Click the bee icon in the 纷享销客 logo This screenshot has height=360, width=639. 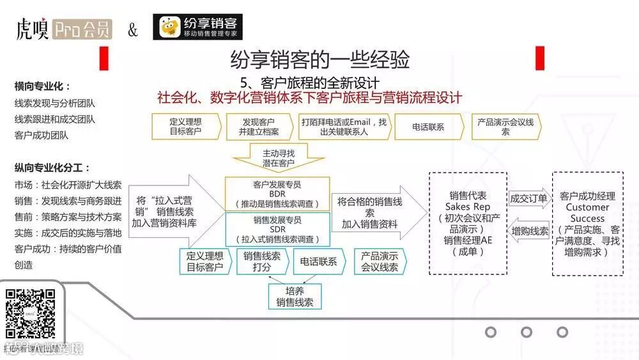pos(169,27)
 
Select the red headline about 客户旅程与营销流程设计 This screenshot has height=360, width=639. pos(309,98)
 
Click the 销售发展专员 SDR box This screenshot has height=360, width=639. pos(277,229)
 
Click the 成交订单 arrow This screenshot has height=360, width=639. pos(529,198)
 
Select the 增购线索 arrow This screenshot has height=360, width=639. pos(529,231)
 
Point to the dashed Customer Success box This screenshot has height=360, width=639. pos(587,223)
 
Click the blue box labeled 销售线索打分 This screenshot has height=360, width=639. pos(262,261)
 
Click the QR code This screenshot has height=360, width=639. pos(30,313)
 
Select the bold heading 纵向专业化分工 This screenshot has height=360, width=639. pos(52,168)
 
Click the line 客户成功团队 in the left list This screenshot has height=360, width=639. pos(41,135)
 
